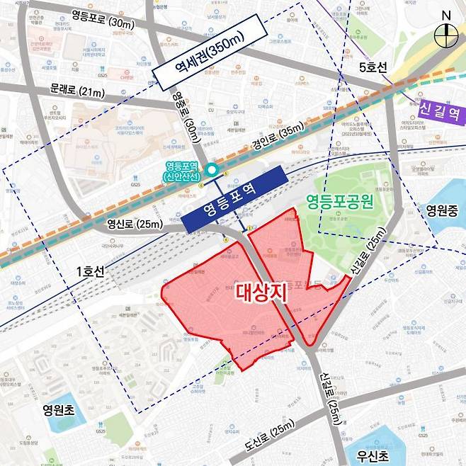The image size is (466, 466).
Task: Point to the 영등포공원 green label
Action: coord(339,201)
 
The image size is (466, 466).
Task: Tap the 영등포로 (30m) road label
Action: coord(102,23)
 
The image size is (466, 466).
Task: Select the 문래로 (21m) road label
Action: coord(76,91)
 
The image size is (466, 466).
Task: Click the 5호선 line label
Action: coord(373,68)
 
